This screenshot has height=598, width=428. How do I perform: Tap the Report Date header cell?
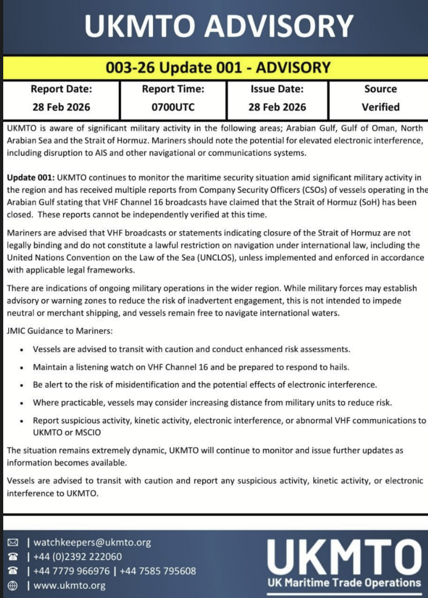pos(61,89)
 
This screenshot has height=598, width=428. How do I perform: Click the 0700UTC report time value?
pos(172,107)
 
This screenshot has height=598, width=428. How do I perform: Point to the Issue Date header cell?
pos(277,89)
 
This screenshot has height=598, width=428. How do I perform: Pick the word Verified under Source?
pos(380,107)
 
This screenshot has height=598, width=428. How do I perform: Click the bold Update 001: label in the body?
pos(30,178)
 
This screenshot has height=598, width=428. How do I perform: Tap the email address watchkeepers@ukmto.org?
pos(92,543)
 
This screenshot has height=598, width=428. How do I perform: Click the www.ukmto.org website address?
pos(70,586)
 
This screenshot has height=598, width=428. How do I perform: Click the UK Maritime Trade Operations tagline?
pos(344,582)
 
